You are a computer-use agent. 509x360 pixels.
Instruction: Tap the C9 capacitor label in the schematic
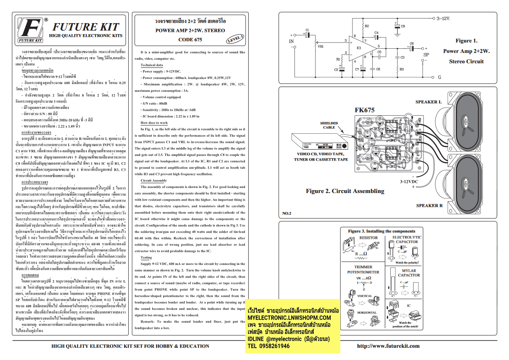pos(403,26)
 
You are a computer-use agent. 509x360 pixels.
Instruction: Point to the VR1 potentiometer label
pos(321,46)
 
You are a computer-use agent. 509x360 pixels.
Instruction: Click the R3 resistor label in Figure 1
pos(401,69)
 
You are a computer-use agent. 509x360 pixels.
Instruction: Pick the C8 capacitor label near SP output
pos(412,43)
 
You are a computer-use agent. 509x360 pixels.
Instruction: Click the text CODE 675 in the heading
pos(190,40)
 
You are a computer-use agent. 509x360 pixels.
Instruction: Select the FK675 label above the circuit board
pos(365,110)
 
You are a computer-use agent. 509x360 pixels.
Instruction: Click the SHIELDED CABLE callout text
pos(329,125)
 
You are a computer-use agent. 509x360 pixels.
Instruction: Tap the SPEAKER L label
pos(428,102)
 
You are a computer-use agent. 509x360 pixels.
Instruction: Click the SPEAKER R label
pos(429,206)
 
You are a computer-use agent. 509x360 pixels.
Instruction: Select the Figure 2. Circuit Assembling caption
pos(345,191)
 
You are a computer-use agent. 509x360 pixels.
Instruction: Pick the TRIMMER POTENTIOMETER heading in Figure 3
pos(364,269)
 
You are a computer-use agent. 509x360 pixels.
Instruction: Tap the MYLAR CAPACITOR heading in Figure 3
pos(409,272)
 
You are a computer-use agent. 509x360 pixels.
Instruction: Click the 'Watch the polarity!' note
pos(407,262)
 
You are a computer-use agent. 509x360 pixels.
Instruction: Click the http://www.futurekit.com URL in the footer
pos(388,346)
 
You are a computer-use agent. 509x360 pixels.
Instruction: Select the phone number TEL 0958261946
pos(268,346)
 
